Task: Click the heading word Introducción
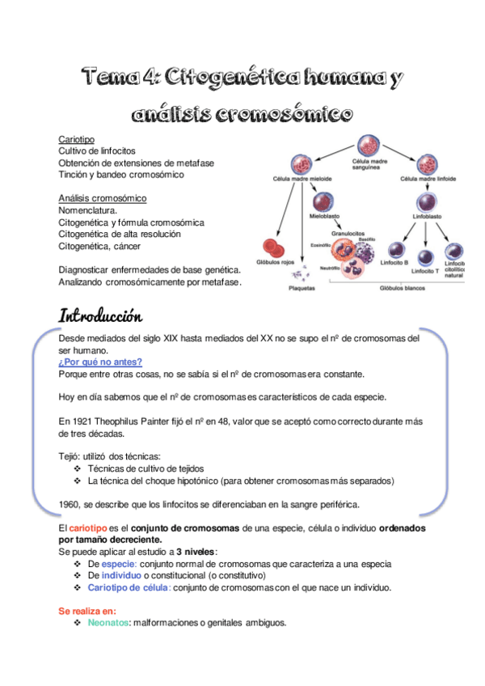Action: pyautogui.click(x=110, y=315)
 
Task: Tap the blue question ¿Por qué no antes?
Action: pyautogui.click(x=100, y=362)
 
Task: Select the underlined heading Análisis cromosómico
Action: pyautogui.click(x=102, y=198)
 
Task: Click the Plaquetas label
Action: pyautogui.click(x=302, y=287)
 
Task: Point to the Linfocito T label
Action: pyautogui.click(x=424, y=271)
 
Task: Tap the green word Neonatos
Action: pyautogui.click(x=108, y=623)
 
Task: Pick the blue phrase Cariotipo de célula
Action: pyautogui.click(x=129, y=587)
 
